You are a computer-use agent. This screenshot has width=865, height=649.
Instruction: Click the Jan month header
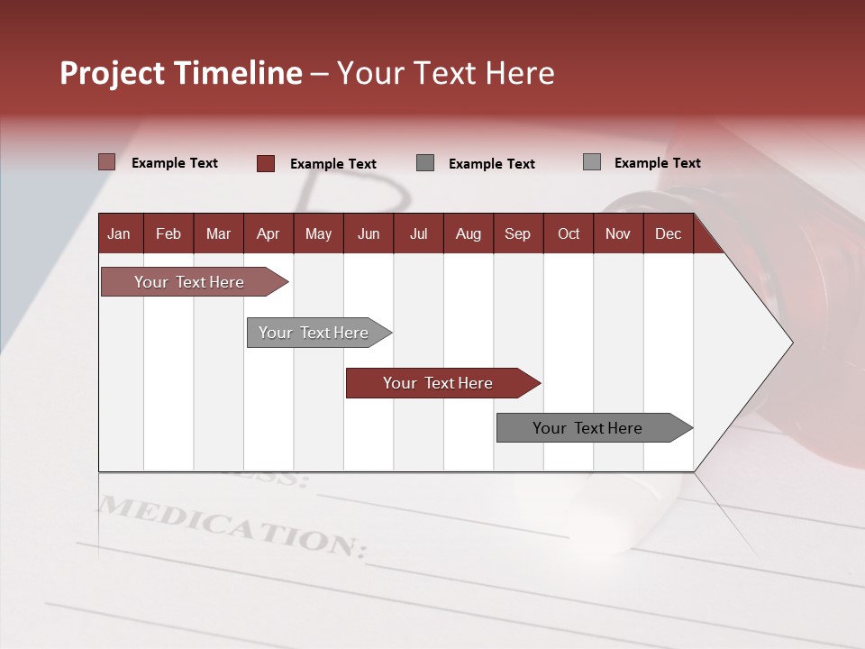[120, 233]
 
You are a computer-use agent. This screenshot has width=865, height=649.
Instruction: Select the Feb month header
[168, 233]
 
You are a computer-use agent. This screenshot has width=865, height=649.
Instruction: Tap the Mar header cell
[218, 233]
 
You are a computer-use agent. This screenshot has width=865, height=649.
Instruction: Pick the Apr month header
[269, 233]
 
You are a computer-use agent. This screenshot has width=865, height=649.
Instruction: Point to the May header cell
[318, 233]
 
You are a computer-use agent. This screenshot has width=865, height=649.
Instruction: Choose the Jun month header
[369, 233]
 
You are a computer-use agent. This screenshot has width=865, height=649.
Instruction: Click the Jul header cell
[418, 233]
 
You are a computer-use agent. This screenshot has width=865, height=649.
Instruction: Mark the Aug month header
[469, 233]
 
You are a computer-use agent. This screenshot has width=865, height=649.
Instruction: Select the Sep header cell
[518, 233]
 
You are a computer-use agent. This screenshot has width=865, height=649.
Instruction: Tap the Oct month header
[569, 233]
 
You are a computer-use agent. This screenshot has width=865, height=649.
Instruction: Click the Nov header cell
[618, 233]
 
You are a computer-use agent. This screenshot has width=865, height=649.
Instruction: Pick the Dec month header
[669, 233]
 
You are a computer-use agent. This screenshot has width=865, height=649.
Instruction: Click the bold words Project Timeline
[181, 73]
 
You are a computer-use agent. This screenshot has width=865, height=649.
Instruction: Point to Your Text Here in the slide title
[445, 73]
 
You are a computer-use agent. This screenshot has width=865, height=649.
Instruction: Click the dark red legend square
[266, 163]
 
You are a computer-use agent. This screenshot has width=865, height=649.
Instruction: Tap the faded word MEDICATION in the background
[231, 526]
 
